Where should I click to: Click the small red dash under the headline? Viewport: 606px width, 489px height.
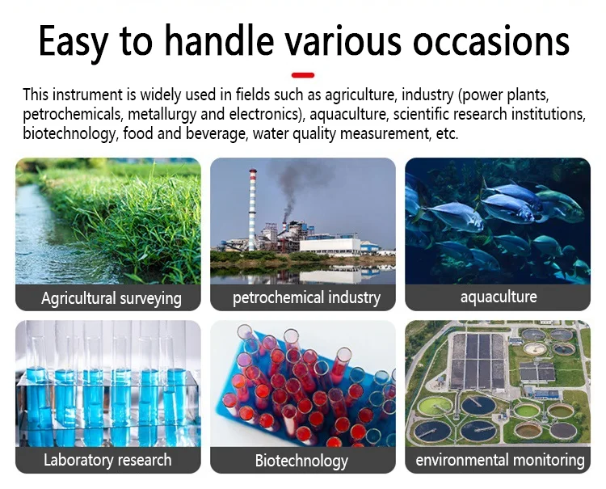tap(302, 74)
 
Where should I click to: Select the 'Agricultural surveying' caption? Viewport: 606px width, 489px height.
tap(112, 298)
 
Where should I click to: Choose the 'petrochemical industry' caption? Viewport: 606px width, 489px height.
tap(306, 297)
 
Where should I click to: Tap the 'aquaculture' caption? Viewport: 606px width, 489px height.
tap(498, 297)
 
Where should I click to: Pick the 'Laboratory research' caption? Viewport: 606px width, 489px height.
tap(107, 460)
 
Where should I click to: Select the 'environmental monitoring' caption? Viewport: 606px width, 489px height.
tap(499, 460)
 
